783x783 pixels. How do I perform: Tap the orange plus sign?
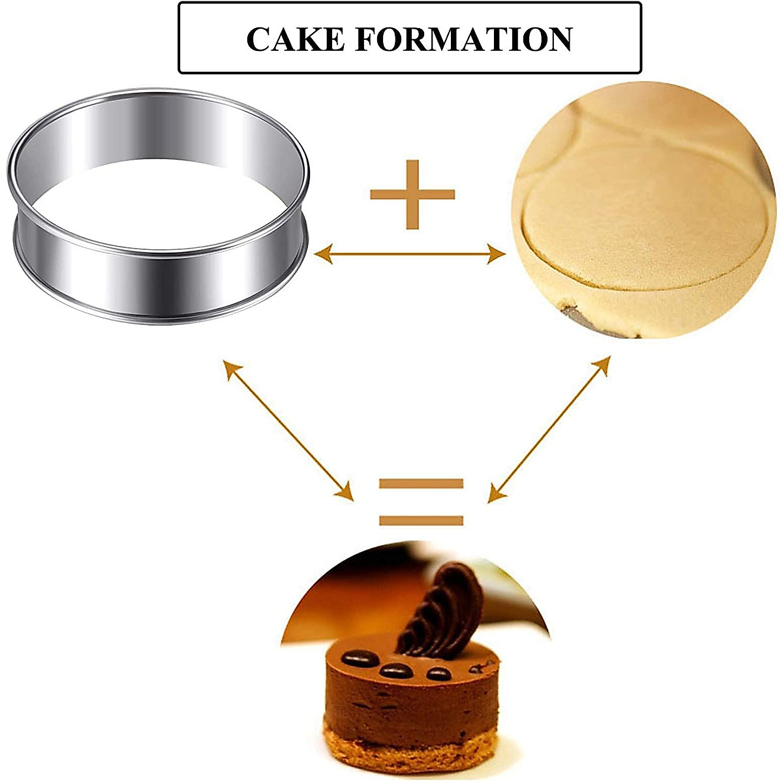pos(412,194)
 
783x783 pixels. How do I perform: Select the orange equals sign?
pos(421,502)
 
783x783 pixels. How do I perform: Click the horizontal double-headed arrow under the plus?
pos(410,254)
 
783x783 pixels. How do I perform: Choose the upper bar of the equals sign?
pos(421,484)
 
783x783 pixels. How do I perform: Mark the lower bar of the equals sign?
pos(421,520)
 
